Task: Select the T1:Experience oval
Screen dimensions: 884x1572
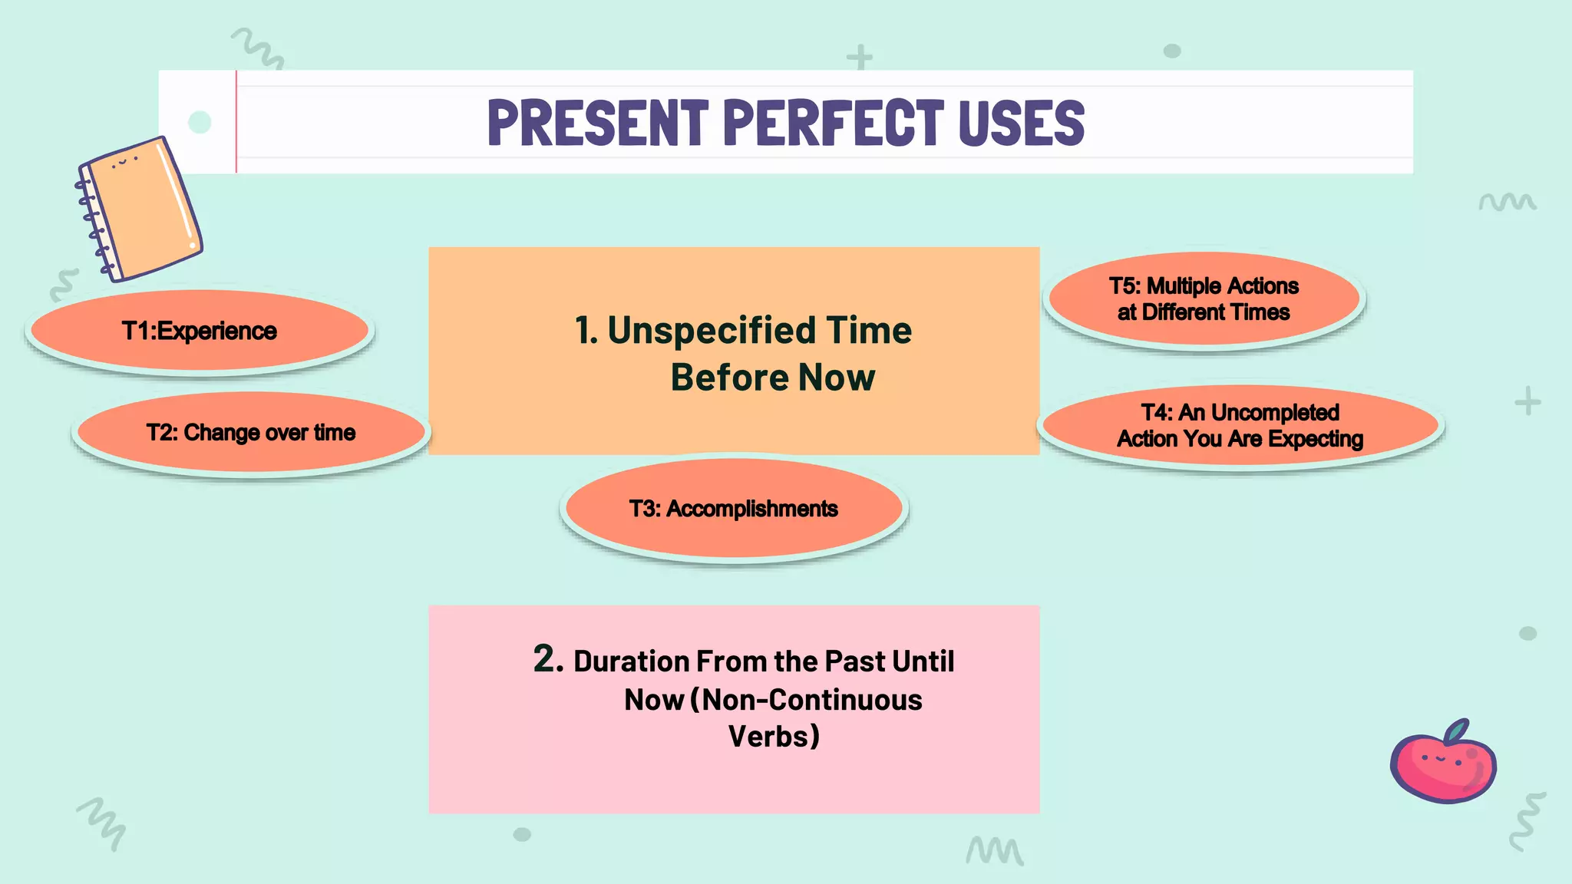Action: pyautogui.click(x=200, y=331)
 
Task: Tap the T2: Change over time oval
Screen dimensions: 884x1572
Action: pyautogui.click(x=251, y=433)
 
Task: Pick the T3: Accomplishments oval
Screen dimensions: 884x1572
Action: pyautogui.click(x=733, y=509)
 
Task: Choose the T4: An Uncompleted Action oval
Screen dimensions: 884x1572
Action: pyautogui.click(x=1240, y=426)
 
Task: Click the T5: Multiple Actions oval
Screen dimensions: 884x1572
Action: pyautogui.click(x=1204, y=299)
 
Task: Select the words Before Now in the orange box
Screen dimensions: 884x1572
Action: pyautogui.click(x=772, y=378)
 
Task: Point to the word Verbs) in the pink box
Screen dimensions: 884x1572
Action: pyautogui.click(x=774, y=737)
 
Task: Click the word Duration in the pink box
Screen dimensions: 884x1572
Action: pyautogui.click(x=631, y=661)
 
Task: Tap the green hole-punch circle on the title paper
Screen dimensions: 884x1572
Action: pyautogui.click(x=200, y=122)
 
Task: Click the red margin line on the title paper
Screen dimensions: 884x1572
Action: pyautogui.click(x=236, y=122)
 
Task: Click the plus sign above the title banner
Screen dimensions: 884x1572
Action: pyautogui.click(x=860, y=58)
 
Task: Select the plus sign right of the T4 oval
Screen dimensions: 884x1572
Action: pyautogui.click(x=1527, y=401)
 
